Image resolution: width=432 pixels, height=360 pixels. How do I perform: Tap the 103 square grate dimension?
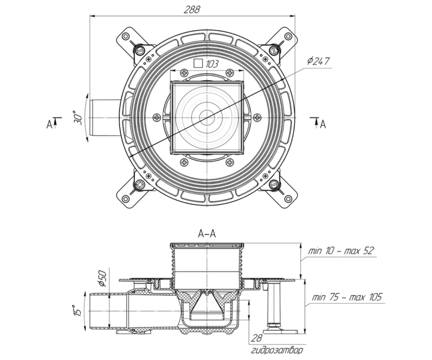(212, 64)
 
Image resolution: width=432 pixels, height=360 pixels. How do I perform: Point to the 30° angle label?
(77, 118)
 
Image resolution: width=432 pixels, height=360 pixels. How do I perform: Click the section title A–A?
(207, 234)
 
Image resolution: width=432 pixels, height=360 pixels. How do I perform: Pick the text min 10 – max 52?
(341, 252)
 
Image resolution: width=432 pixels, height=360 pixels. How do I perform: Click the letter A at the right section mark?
(322, 125)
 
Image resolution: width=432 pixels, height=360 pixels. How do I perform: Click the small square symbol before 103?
(198, 63)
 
